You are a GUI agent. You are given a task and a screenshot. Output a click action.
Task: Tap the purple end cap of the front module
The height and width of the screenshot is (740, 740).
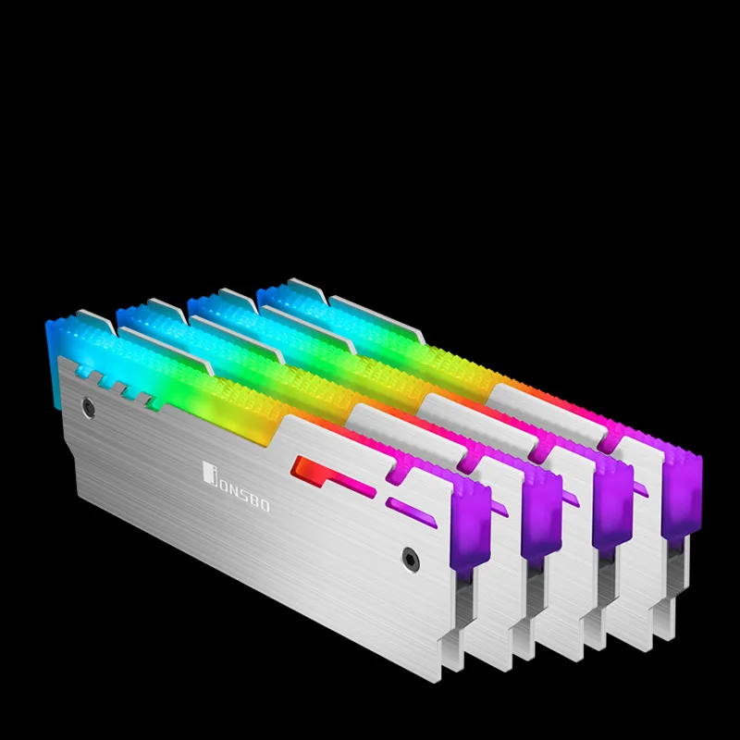(x=472, y=518)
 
